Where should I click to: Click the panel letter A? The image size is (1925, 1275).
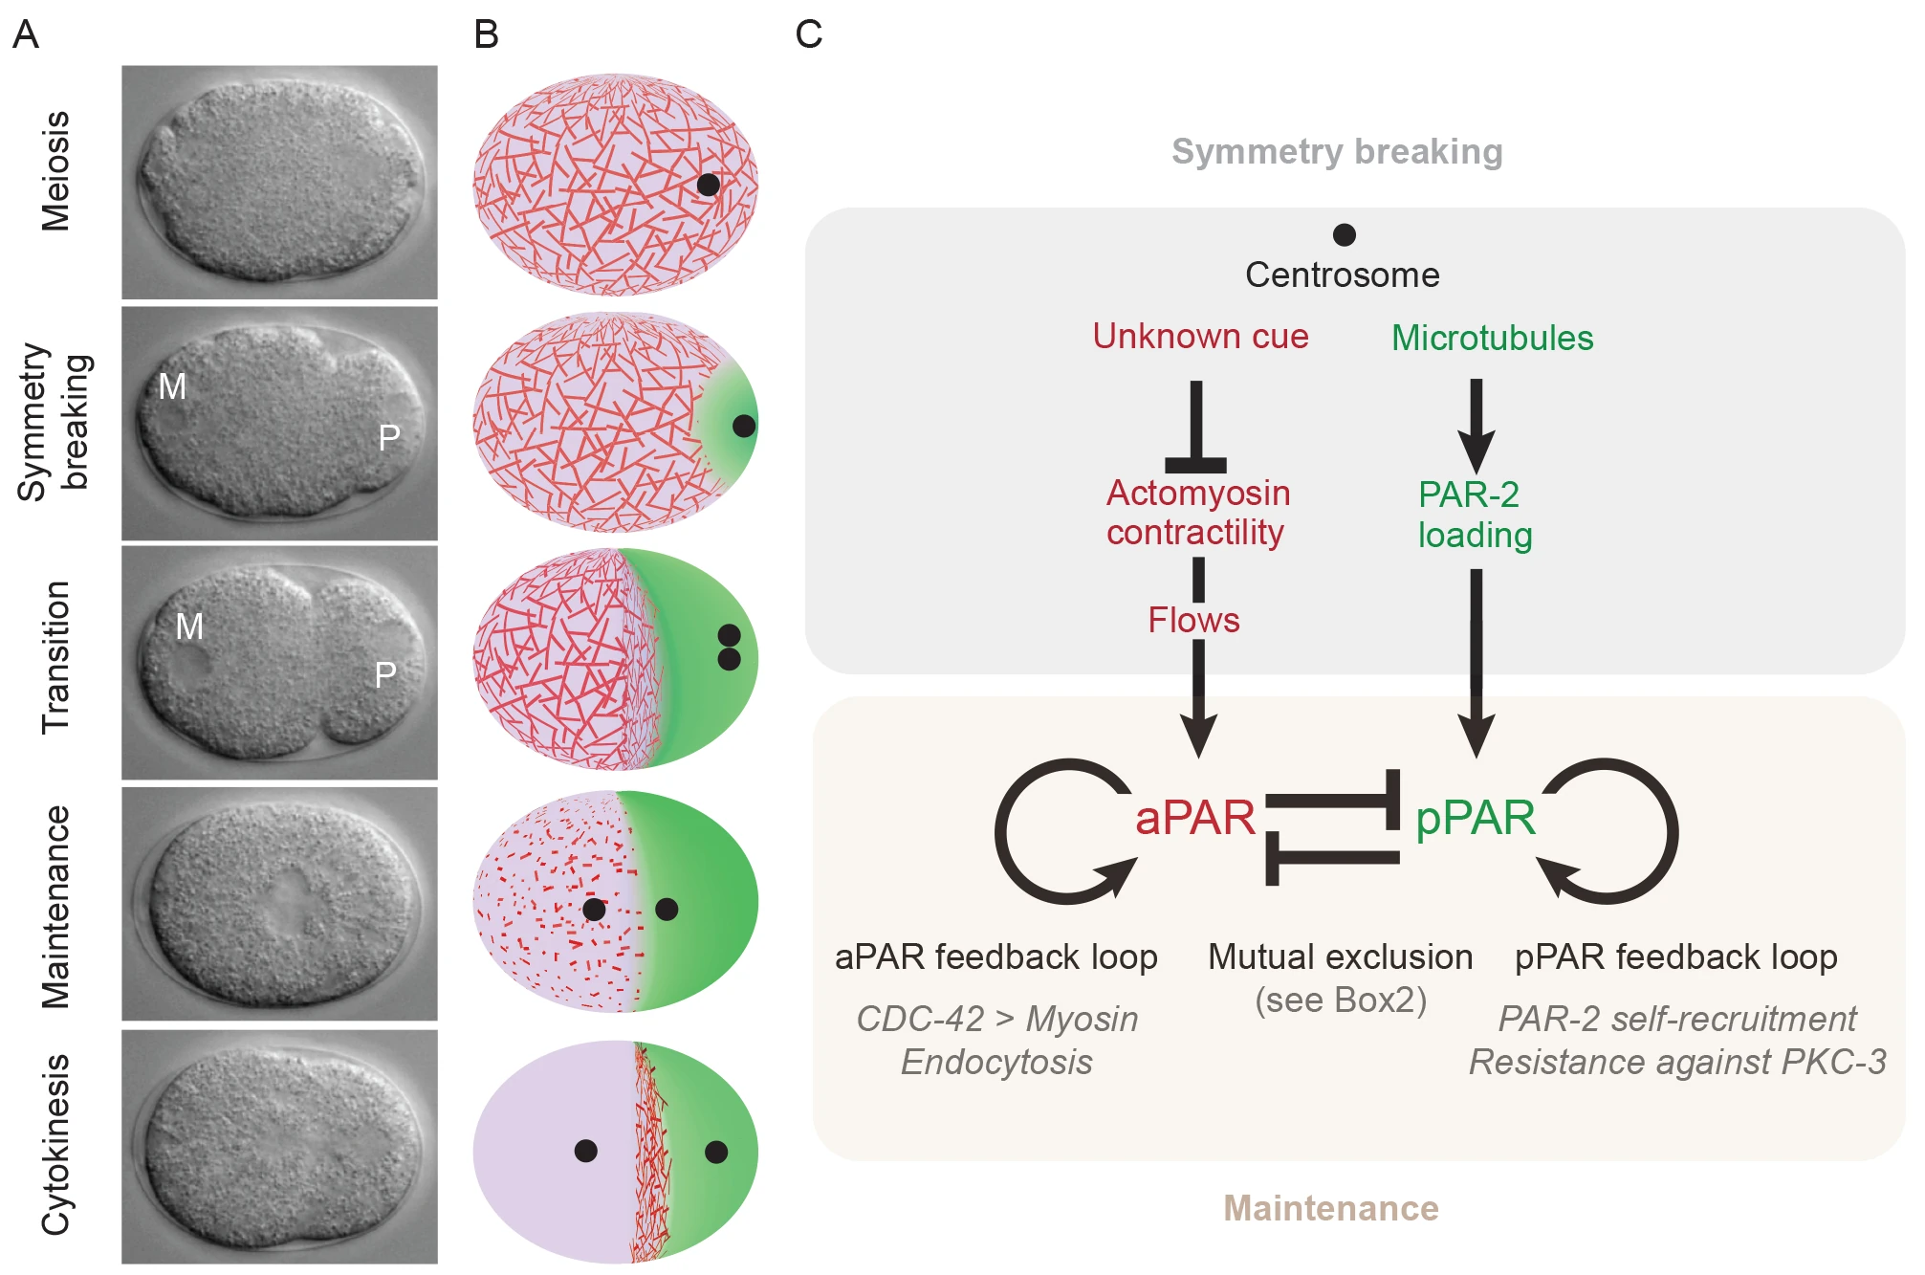click(x=26, y=35)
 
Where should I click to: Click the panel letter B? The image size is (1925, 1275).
click(x=486, y=35)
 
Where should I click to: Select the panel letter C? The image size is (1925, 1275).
click(x=808, y=35)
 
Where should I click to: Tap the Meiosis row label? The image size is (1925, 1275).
click(x=55, y=171)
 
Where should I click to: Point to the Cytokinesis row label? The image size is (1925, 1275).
click(x=55, y=1145)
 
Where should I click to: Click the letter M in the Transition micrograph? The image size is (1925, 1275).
click(x=189, y=627)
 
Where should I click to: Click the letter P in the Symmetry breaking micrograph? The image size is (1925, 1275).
click(x=388, y=438)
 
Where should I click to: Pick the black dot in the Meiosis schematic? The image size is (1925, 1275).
click(x=708, y=185)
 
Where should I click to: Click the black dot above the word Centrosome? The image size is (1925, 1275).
click(x=1344, y=234)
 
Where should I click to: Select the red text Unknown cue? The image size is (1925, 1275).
click(x=1200, y=337)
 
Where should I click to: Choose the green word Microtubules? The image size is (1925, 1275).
click(x=1492, y=338)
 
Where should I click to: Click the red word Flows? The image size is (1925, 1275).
click(x=1193, y=621)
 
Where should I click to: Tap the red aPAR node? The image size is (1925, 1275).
click(x=1195, y=818)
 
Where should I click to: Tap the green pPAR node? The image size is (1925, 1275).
click(x=1475, y=818)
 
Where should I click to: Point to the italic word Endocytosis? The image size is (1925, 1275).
click(x=996, y=1063)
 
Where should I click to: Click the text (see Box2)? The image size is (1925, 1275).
click(x=1341, y=1000)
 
